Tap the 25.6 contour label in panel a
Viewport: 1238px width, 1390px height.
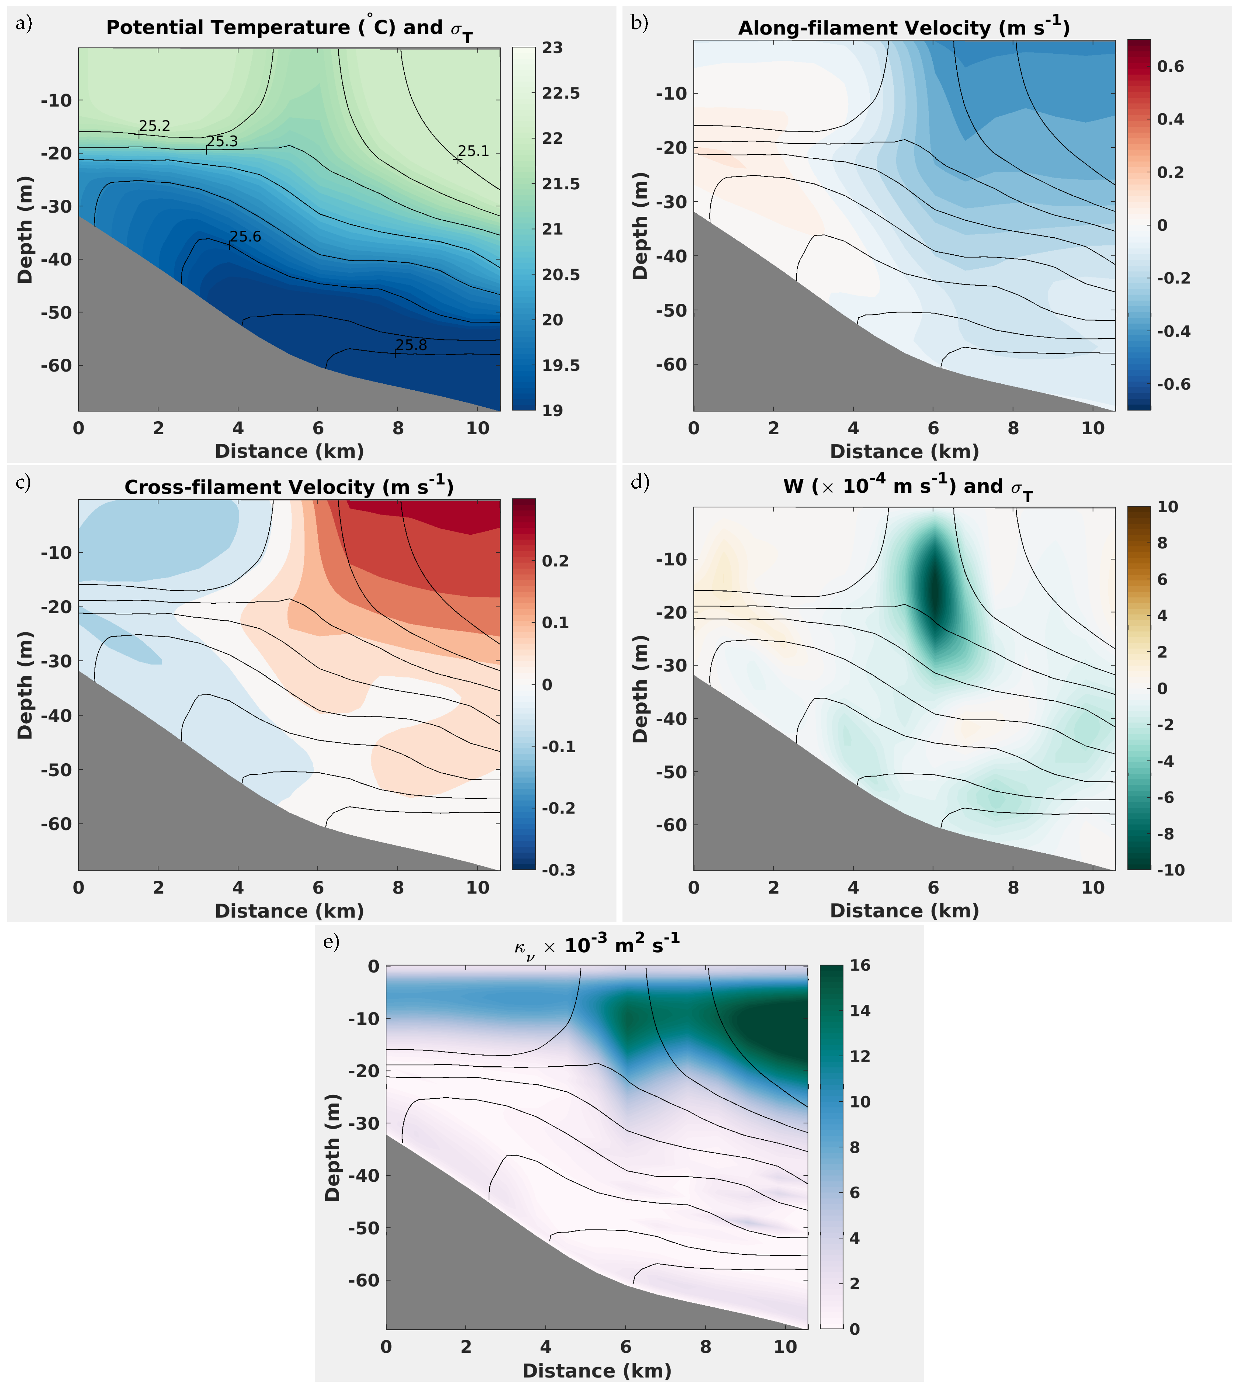(x=246, y=237)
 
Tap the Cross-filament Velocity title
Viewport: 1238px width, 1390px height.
(x=289, y=487)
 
